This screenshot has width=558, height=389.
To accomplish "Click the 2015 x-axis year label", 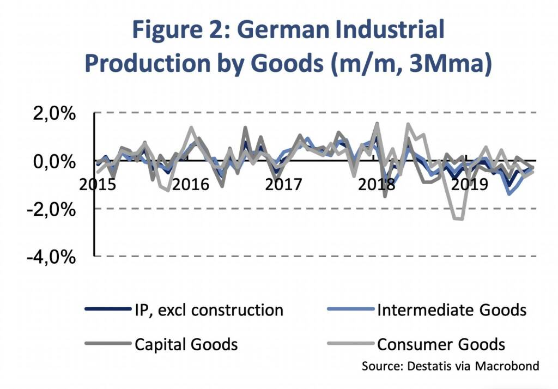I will [x=98, y=184].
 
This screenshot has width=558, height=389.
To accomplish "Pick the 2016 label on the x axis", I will [x=190, y=184].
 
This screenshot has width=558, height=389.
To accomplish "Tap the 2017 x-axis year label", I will [x=283, y=184].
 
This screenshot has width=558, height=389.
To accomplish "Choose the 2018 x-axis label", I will [x=376, y=184].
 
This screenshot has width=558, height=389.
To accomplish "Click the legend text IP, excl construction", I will [x=209, y=310].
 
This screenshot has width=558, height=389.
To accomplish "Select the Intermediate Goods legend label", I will [x=452, y=310].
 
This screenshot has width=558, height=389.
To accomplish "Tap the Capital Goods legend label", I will [x=186, y=344].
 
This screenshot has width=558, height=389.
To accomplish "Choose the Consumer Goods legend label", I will [x=441, y=344].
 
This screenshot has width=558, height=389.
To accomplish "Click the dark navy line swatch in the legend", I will [x=108, y=310].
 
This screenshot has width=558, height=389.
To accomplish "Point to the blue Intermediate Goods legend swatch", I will [x=350, y=310].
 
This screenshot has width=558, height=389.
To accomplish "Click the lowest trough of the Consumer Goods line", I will [x=459, y=219].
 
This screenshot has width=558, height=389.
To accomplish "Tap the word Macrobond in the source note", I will [x=507, y=365].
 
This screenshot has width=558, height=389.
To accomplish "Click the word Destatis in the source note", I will [x=424, y=365].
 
